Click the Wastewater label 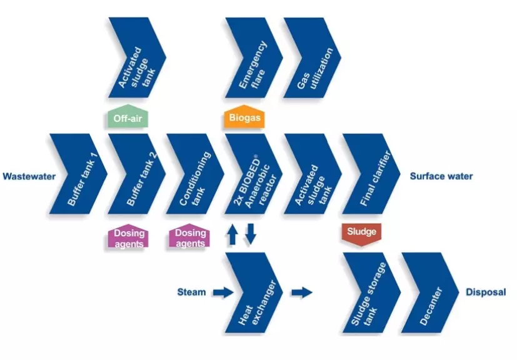(x=29, y=176)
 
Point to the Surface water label (x=441, y=176)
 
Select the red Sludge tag (x=361, y=232)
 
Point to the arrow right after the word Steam (x=221, y=291)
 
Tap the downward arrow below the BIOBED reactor (x=250, y=235)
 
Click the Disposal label (x=485, y=292)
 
